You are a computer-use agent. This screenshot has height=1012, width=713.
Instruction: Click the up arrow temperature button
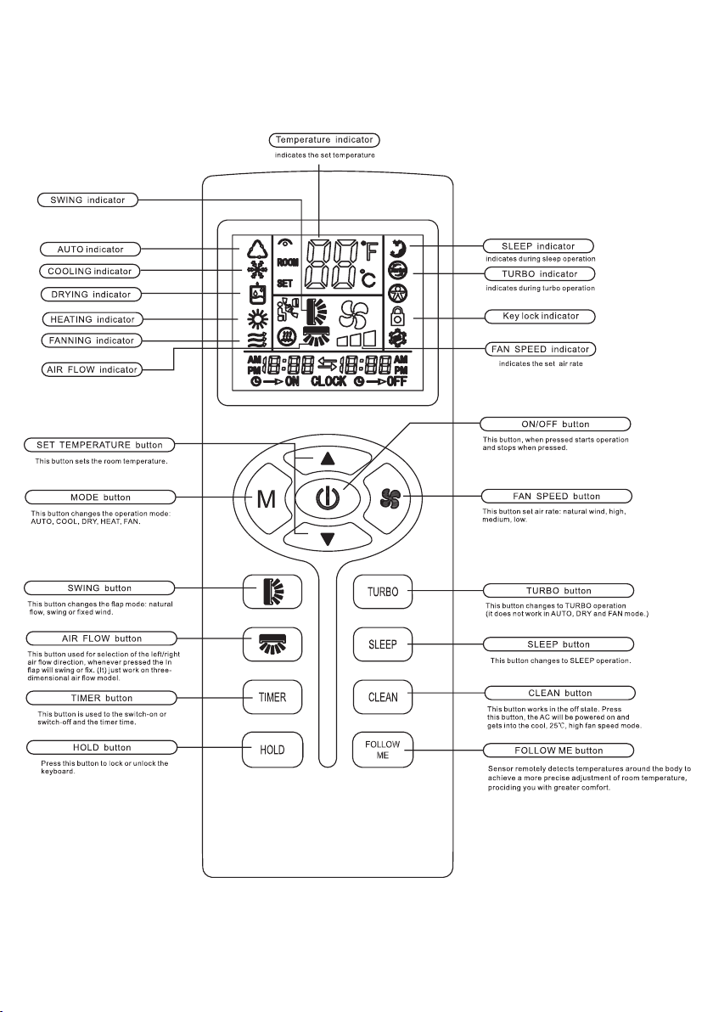[328, 459]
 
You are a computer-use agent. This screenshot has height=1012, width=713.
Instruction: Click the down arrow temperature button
[328, 538]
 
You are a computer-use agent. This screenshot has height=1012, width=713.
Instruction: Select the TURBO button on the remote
[383, 591]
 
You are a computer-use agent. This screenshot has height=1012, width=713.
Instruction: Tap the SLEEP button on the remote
[383, 644]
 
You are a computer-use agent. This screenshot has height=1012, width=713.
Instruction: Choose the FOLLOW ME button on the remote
[383, 750]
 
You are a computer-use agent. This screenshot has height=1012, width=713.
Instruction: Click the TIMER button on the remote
[272, 697]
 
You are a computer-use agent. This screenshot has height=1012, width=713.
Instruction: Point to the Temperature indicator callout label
[324, 139]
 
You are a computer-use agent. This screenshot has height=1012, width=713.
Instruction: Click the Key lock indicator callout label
[540, 316]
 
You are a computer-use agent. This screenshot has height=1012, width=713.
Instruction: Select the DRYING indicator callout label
[90, 295]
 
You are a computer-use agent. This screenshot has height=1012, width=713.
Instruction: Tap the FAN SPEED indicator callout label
[540, 349]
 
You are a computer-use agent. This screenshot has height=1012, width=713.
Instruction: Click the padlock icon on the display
[398, 316]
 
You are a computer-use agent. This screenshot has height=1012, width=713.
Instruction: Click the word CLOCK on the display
[328, 381]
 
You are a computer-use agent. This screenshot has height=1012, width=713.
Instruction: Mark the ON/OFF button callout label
[555, 424]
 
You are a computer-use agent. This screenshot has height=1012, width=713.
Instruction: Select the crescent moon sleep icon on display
[398, 247]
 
